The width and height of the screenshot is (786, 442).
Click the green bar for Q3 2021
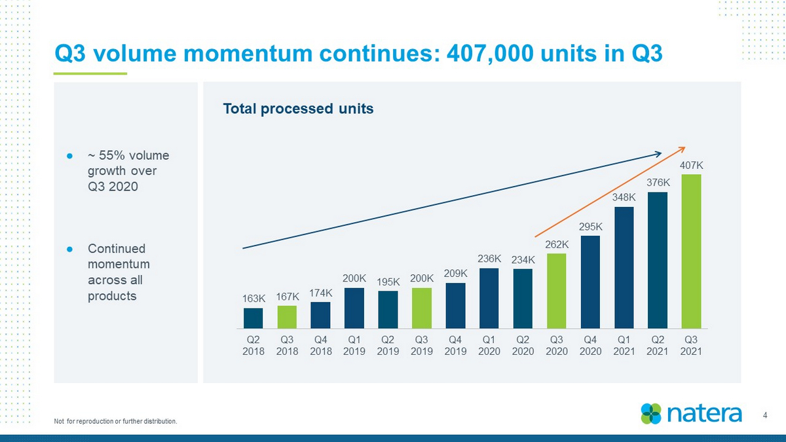(691, 251)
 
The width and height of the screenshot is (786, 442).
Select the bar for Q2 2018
(253, 318)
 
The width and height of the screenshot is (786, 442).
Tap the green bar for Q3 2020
(557, 291)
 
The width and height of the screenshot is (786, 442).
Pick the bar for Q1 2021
(624, 268)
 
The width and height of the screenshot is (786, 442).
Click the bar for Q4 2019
(455, 306)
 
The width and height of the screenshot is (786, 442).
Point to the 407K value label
(691, 165)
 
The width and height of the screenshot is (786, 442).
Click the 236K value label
(489, 259)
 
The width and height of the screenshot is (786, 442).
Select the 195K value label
(388, 282)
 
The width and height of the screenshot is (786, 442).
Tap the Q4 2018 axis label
(321, 346)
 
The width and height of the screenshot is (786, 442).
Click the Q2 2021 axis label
(658, 346)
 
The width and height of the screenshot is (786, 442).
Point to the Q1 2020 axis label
(489, 346)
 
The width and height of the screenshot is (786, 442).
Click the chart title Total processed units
(298, 109)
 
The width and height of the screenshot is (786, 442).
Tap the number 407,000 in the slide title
(490, 54)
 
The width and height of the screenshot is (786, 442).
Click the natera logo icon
(651, 414)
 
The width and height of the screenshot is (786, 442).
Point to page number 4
(765, 415)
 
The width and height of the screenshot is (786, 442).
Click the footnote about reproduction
(115, 421)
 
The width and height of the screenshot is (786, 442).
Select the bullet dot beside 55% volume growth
(69, 156)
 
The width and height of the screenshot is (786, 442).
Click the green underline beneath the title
(90, 73)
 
